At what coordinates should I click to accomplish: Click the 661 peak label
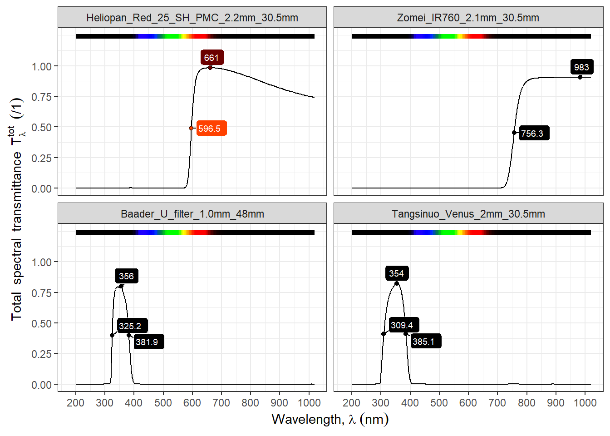(212, 58)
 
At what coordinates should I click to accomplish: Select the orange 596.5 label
(209, 129)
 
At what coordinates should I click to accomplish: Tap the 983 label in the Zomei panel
(581, 67)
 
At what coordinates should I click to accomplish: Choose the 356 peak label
(126, 276)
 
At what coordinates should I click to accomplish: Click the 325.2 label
(130, 326)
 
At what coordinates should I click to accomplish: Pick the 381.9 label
(147, 342)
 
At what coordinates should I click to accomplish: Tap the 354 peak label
(396, 273)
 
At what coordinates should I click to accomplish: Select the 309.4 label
(402, 325)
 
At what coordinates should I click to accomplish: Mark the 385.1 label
(423, 342)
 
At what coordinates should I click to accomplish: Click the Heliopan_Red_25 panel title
(192, 18)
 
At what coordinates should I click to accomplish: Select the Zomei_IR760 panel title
(468, 18)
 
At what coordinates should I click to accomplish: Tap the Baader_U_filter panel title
(192, 214)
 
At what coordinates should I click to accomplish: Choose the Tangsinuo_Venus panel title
(468, 214)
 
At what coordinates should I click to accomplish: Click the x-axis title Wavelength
(330, 419)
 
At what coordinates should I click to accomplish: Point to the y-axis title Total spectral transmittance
(17, 209)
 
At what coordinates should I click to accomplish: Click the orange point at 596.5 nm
(191, 128)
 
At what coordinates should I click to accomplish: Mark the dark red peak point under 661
(210, 68)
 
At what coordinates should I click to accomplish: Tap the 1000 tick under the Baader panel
(309, 403)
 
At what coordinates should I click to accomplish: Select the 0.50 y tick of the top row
(41, 128)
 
